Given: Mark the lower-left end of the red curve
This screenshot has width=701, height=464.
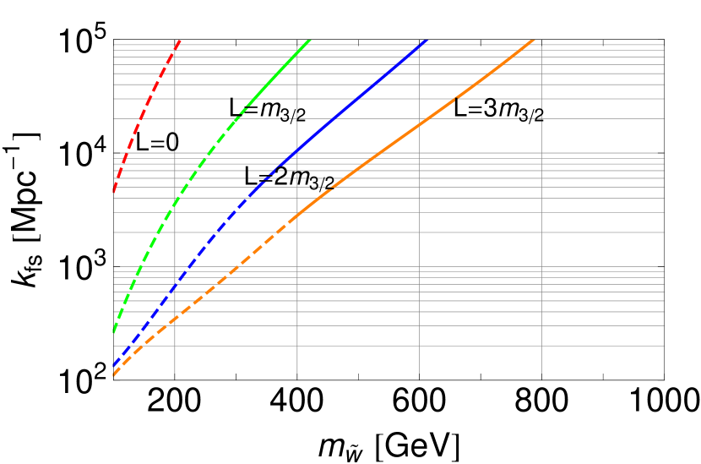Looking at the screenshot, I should click(113, 193).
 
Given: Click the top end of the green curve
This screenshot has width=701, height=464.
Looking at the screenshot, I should click(309, 40).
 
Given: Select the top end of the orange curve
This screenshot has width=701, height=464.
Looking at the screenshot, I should click(535, 40).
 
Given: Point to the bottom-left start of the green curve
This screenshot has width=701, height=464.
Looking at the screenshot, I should click(113, 331).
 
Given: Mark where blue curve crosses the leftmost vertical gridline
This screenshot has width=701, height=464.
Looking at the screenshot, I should click(175, 287).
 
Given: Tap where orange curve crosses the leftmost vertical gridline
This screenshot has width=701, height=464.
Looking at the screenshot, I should click(175, 319).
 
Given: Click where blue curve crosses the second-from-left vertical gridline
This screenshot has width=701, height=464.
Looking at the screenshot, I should click(297, 150).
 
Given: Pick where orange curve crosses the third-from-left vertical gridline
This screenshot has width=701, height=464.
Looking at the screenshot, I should click(420, 120).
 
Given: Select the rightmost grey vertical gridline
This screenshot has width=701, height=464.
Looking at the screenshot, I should click(541, 211).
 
